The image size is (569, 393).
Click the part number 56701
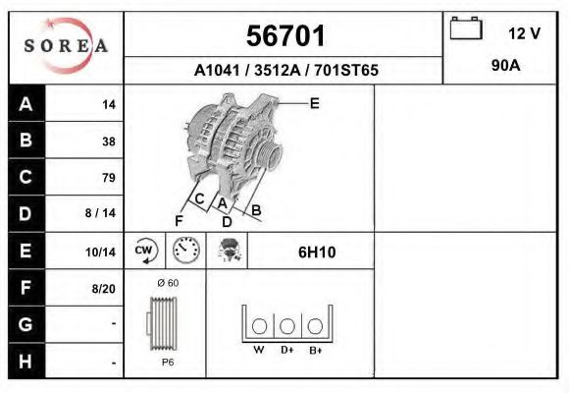tap(285, 36)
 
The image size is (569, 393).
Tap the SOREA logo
tap(66, 46)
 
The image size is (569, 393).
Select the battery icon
tap(466, 28)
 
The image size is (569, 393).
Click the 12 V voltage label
tap(524, 33)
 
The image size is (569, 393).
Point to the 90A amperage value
tap(505, 66)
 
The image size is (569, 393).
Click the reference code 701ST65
tap(346, 70)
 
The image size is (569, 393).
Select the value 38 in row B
tap(109, 141)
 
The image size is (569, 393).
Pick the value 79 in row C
tap(109, 178)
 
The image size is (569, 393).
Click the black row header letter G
tap(26, 324)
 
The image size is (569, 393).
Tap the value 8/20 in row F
tap(103, 289)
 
